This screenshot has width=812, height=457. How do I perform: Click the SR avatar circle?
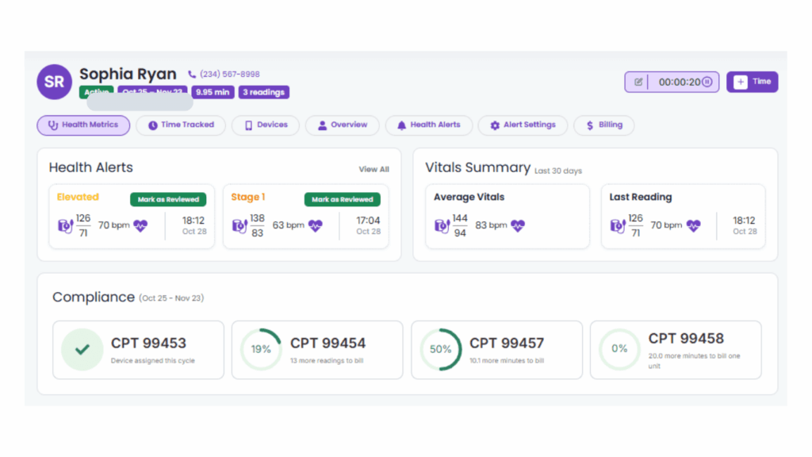click(54, 82)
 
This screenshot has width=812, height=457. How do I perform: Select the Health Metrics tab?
click(83, 125)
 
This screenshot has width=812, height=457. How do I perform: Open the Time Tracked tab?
click(181, 125)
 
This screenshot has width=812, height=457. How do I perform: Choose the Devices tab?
click(265, 125)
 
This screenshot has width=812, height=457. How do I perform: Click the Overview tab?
click(343, 125)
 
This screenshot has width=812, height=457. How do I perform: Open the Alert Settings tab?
click(523, 125)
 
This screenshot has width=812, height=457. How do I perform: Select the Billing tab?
click(603, 125)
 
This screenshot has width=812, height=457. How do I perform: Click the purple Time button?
click(752, 82)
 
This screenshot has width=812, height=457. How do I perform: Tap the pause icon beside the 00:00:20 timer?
click(707, 82)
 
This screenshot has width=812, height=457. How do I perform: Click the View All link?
click(373, 169)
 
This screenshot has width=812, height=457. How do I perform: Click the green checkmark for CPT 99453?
click(82, 349)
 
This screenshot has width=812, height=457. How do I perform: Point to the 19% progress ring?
click(261, 349)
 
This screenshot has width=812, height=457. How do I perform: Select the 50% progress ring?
click(440, 349)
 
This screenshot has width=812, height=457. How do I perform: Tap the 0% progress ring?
click(619, 349)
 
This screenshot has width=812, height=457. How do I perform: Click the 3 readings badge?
click(263, 92)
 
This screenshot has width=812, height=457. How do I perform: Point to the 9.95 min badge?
click(213, 92)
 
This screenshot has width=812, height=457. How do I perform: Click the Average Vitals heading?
click(469, 198)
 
